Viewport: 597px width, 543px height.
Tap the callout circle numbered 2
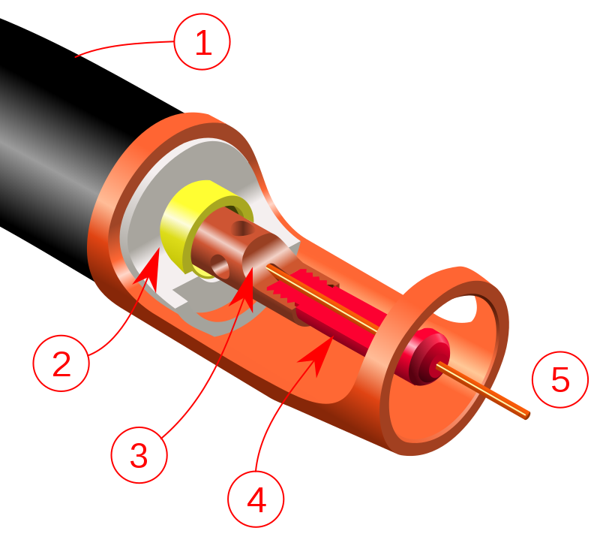61,364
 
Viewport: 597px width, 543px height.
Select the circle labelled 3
139,454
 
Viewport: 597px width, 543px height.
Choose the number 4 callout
256,500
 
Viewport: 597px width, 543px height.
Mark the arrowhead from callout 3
247,289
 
